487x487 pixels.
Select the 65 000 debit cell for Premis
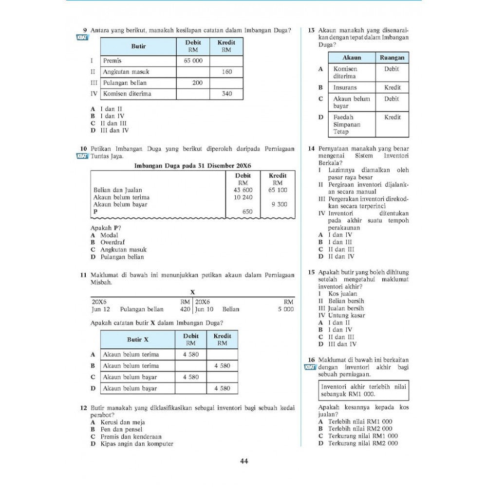pos(193,61)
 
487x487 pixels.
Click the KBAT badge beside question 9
pos(82,38)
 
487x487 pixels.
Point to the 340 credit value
pos(227,94)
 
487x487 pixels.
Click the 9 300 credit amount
pos(279,205)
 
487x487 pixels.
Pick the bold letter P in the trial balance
pos(95,212)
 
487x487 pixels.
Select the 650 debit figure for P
pos(247,212)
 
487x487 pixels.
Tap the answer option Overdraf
pos(112,242)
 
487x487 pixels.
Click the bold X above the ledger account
pos(192,292)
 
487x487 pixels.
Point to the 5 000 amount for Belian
pos(286,309)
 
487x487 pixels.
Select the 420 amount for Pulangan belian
pos(185,309)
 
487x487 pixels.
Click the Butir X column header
pos(138,339)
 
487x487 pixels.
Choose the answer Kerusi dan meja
pos(122,422)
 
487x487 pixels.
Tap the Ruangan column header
pos(392,57)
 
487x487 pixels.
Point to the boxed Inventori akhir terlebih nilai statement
pos(363,391)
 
